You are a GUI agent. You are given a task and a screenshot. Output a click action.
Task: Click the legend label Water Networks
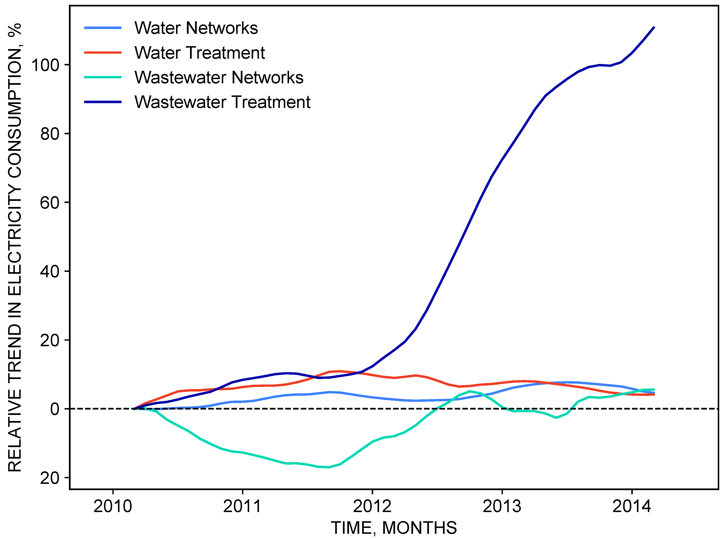click(x=196, y=28)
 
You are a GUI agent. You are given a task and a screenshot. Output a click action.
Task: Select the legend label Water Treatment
click(x=199, y=53)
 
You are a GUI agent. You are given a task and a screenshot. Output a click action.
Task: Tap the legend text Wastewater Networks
click(x=219, y=78)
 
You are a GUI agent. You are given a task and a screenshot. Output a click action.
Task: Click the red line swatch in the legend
click(x=103, y=53)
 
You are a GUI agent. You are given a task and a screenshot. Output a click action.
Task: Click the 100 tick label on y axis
click(x=45, y=65)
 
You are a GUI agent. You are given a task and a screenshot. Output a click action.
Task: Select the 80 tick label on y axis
click(x=50, y=134)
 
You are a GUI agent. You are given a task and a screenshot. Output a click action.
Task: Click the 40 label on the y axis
click(x=50, y=272)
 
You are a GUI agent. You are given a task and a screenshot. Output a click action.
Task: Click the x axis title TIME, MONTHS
click(x=394, y=528)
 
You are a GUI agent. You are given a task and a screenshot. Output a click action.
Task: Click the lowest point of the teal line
click(x=328, y=467)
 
